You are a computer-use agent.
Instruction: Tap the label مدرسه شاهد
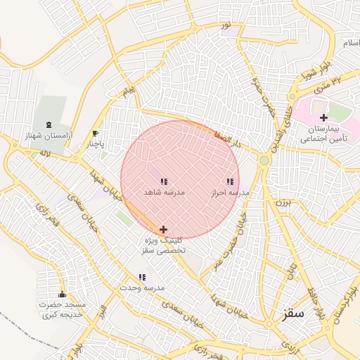coord(164,192)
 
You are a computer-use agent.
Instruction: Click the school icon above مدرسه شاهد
coord(164,181)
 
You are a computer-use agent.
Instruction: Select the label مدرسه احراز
coord(231,192)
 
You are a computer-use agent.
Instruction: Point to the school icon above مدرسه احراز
coord(230,181)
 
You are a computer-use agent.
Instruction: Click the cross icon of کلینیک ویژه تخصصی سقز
coord(164,229)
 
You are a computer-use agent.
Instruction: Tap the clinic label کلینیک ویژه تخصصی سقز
coord(164,245)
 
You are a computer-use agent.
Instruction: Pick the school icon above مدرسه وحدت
coord(142,278)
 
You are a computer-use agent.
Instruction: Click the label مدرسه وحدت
coord(141,288)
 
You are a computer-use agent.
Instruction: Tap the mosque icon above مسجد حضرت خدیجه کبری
coord(62,295)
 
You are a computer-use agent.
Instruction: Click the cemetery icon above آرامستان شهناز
coord(48,124)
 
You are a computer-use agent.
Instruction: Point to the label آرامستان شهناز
coord(49,136)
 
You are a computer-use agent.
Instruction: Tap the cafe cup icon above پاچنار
coord(96,133)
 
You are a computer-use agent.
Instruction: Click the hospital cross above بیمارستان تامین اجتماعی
coord(323,117)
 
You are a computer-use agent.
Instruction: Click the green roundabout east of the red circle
coord(264,160)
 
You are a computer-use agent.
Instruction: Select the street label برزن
coord(282,202)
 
